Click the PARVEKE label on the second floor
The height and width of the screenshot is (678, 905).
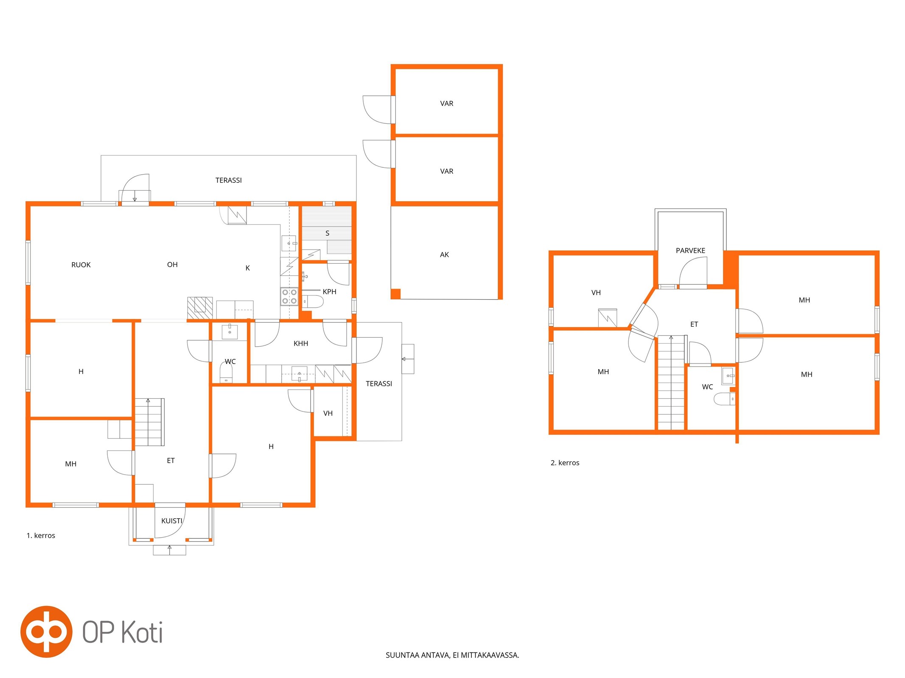point(690,250)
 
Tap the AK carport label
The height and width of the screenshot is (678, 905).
point(444,255)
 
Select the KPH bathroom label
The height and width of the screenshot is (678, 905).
point(329,292)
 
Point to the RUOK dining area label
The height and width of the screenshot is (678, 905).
point(81,265)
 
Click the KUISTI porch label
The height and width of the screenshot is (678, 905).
point(171,521)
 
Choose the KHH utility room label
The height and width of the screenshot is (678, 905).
point(301,343)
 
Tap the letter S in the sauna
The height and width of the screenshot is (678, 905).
point(327,233)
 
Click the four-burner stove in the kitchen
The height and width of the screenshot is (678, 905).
point(289,296)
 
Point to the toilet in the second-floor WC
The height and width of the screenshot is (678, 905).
point(724,399)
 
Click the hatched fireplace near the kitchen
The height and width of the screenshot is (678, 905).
point(200,308)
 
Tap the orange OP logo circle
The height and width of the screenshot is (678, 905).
point(46,631)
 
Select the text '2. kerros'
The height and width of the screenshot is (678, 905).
point(565,463)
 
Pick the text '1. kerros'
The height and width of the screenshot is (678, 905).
point(41,536)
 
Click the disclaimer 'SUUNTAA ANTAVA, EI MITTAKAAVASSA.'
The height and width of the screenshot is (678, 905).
point(452,655)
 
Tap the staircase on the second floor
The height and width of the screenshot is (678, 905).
point(671,383)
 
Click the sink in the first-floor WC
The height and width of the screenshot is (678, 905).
point(230,331)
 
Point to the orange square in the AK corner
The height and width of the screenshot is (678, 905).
point(395,294)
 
